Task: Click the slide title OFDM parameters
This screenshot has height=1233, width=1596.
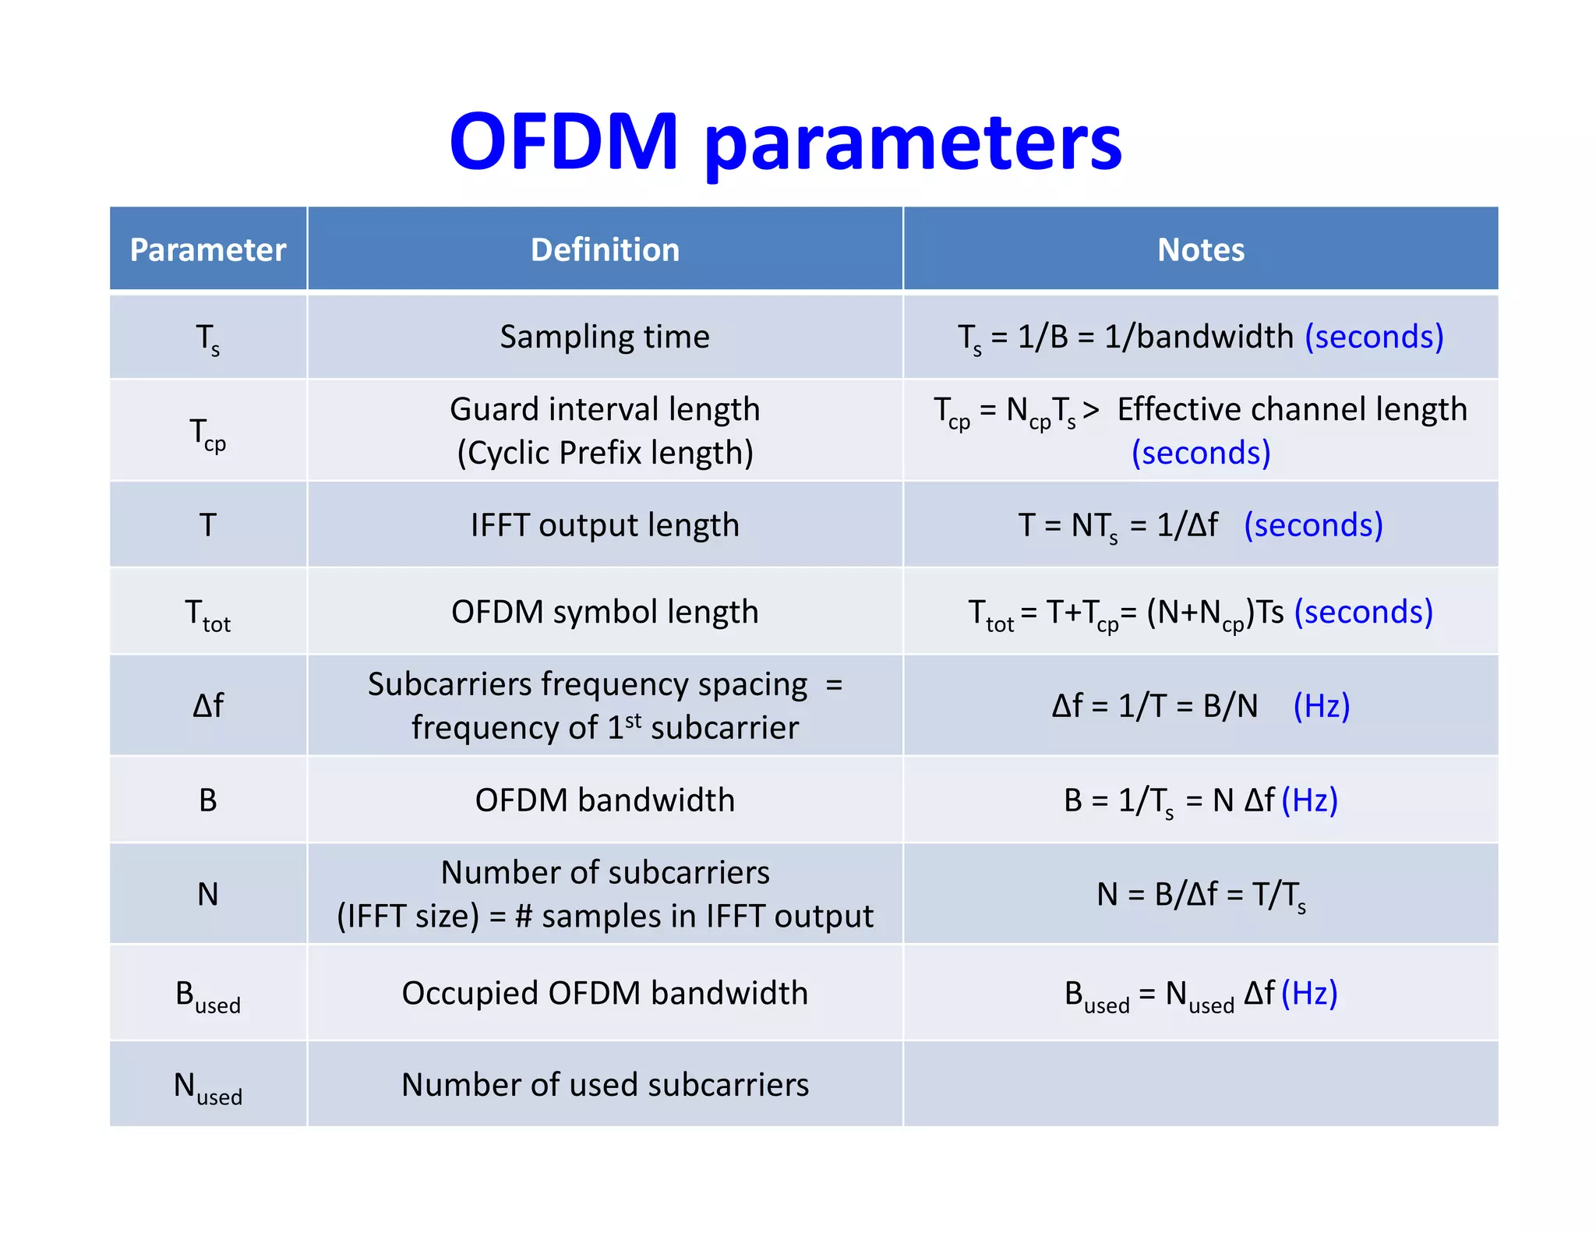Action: pos(786,143)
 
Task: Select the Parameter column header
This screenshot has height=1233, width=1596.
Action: pos(208,250)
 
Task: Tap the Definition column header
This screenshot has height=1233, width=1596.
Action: pos(605,250)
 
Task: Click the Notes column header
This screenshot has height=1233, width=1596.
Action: pos(1200,250)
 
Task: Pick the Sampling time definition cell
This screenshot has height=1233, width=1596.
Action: pos(605,337)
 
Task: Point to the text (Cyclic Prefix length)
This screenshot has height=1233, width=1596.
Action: pos(605,453)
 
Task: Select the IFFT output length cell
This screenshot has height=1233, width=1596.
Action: pos(605,525)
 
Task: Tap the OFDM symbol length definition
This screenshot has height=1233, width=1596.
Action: pos(605,613)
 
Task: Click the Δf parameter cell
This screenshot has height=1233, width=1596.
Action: pos(208,706)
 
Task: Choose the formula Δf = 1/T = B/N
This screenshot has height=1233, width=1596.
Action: pos(1155,706)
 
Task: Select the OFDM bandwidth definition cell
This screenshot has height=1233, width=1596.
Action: pos(605,800)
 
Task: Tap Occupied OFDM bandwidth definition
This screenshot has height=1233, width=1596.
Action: pos(605,994)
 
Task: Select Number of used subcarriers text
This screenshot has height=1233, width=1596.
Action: pos(605,1086)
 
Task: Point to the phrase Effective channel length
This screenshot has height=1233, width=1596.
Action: pos(1291,409)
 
